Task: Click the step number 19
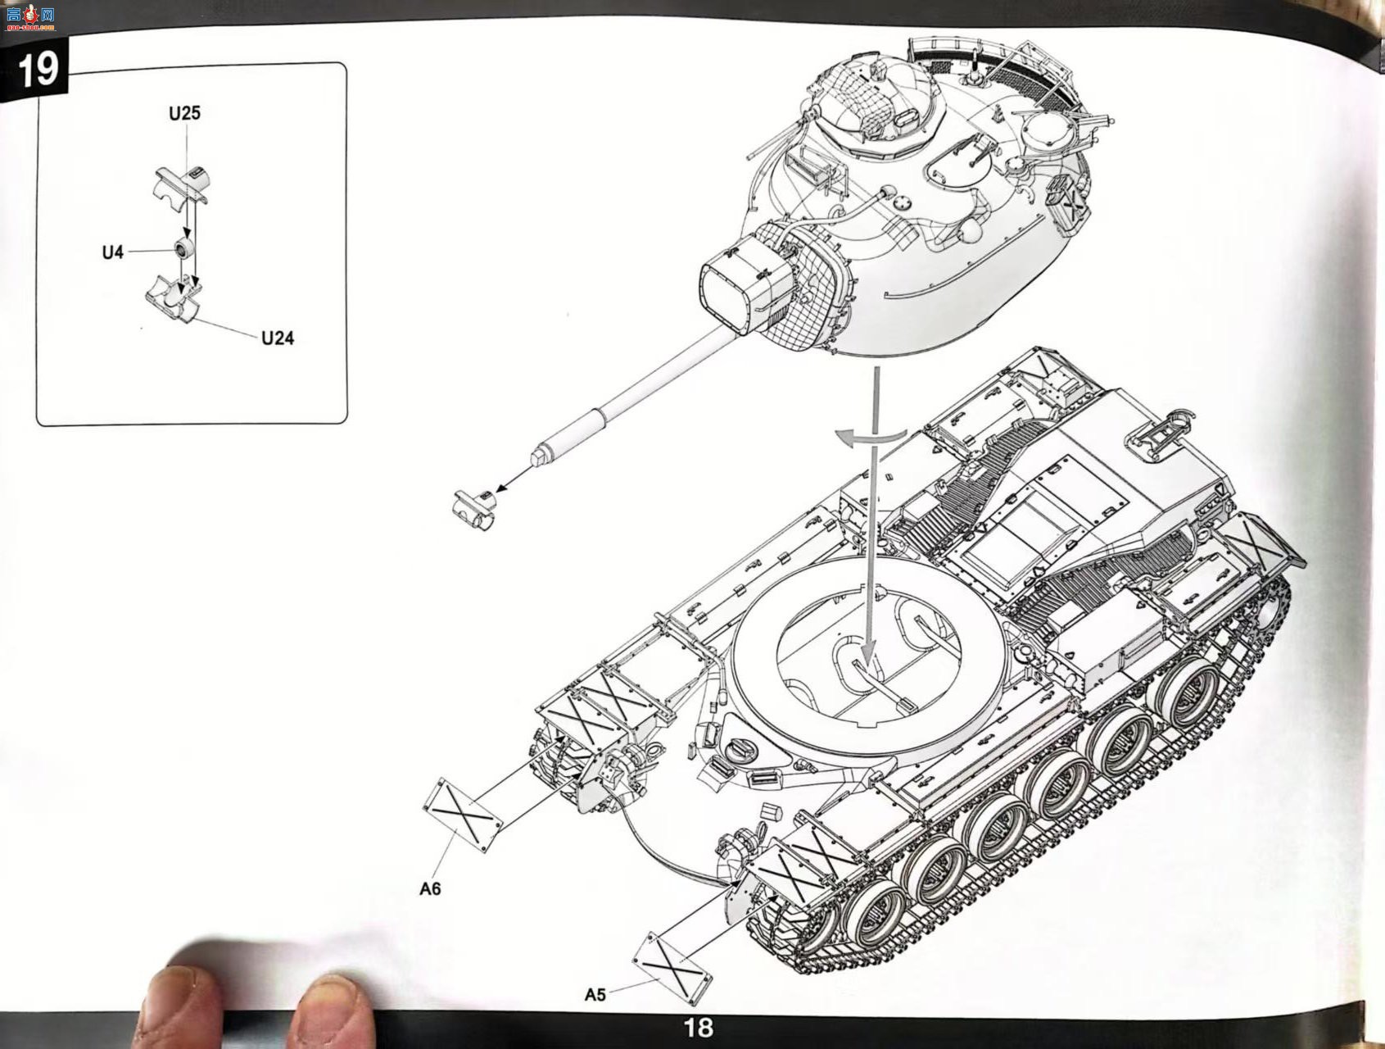point(37,70)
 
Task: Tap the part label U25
point(184,113)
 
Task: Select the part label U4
point(113,252)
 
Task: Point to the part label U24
point(278,338)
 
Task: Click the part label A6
point(430,888)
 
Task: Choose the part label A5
point(595,994)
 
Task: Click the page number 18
point(698,1027)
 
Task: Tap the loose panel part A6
point(463,815)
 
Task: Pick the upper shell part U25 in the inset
point(182,184)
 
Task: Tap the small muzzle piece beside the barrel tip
point(475,509)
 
